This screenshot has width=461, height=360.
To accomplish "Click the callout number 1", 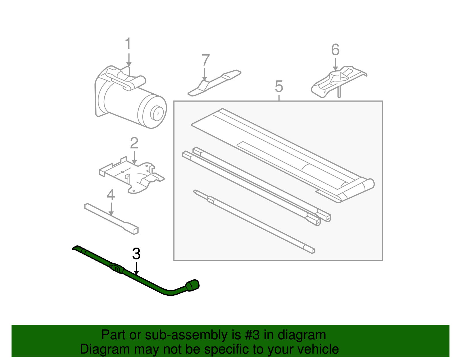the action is click(x=128, y=44).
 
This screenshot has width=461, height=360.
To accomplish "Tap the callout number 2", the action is click(x=134, y=143).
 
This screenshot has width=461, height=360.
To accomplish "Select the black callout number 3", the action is click(x=136, y=254).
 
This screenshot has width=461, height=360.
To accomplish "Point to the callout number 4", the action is click(x=111, y=195).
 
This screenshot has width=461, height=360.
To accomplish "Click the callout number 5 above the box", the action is click(x=279, y=86).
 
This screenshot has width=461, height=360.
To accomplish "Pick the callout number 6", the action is click(x=335, y=50).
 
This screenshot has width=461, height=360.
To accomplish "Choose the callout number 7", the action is click(x=205, y=60).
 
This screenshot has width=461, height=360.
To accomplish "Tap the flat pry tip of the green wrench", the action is click(x=76, y=248).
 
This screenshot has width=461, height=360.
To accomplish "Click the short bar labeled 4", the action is click(x=112, y=219).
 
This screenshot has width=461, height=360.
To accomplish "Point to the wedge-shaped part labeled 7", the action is click(x=214, y=83).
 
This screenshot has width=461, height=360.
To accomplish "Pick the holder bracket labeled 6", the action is click(x=339, y=82).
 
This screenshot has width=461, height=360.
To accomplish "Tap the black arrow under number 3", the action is click(x=136, y=268).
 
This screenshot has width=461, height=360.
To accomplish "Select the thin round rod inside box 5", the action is click(x=254, y=221).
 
